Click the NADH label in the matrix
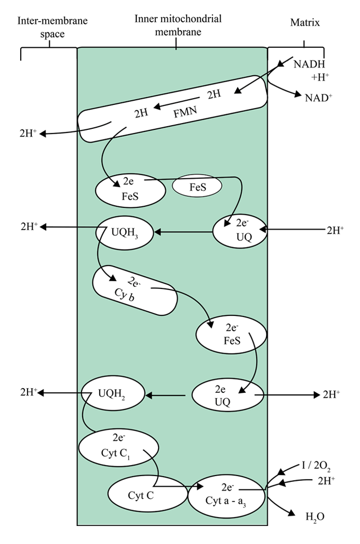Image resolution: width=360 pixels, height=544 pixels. [309, 64]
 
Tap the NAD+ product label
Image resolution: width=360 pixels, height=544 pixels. [319, 98]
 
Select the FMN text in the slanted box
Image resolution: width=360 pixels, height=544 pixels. [185, 112]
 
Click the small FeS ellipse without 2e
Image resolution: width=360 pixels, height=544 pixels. [197, 186]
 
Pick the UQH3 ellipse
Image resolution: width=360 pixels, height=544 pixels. [125, 233]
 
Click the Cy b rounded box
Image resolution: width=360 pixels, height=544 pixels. [135, 291]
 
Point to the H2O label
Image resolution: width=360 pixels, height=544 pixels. [315, 517]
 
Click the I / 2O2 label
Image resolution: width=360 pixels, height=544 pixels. [316, 466]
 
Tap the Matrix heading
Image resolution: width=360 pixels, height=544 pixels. [305, 23]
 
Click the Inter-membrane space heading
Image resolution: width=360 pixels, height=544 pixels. [52, 27]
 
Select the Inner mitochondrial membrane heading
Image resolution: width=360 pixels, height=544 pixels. [178, 25]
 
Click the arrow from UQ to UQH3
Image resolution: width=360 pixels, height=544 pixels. [183, 232]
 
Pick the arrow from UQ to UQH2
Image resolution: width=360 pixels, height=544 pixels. [165, 395]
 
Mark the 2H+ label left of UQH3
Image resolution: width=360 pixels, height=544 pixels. [29, 226]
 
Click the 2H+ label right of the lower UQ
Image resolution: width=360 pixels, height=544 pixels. [331, 394]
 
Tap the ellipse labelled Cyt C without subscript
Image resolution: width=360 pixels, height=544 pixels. [147, 494]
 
